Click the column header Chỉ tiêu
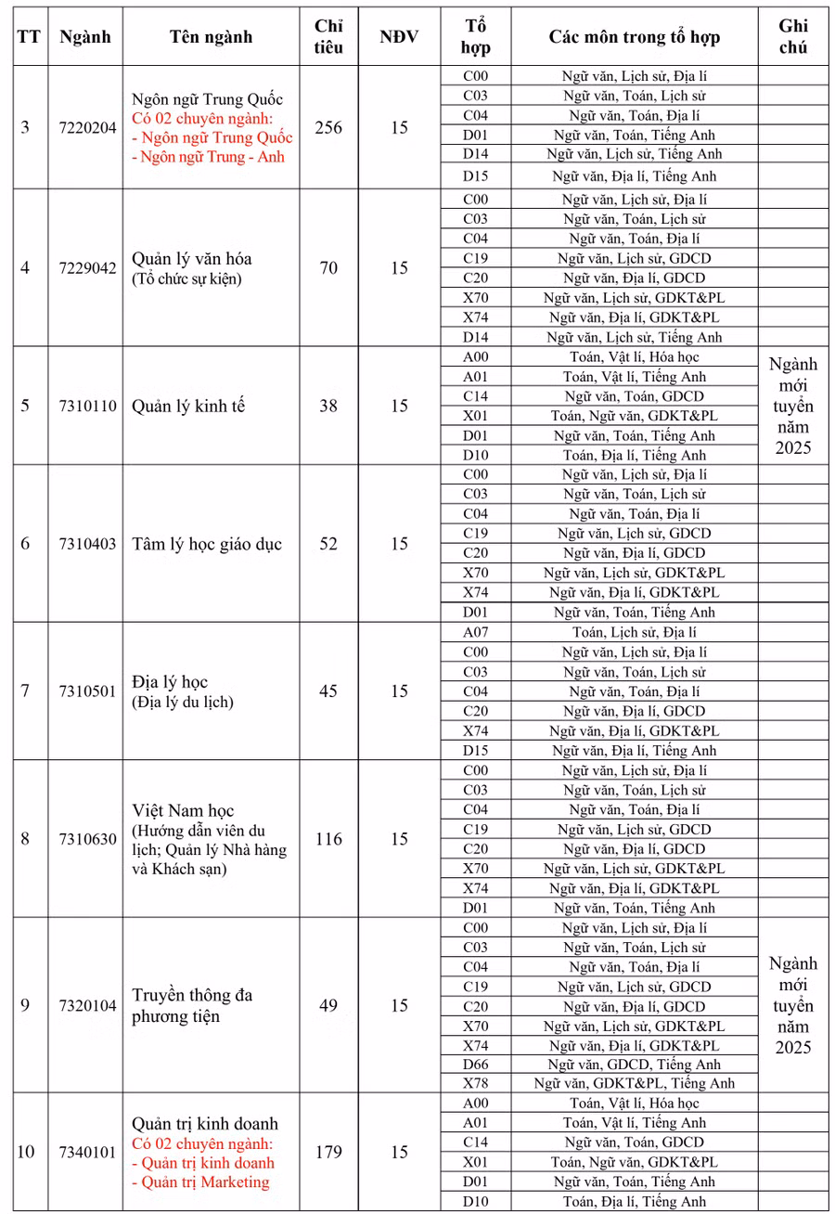point(328,36)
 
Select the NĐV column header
point(399,36)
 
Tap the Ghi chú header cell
point(792,36)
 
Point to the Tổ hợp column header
point(475,36)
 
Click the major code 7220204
point(87,128)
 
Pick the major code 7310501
point(87,691)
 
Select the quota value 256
point(328,128)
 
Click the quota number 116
point(328,839)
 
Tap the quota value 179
point(328,1152)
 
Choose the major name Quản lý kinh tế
point(188,407)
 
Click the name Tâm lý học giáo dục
point(206,544)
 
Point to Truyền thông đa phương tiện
point(192,1005)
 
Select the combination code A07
point(475,632)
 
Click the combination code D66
point(475,1065)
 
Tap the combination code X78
point(475,1083)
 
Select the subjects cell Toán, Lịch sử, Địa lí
point(634,632)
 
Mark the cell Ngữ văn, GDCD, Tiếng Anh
point(634,1065)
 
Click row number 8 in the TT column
point(25,839)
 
